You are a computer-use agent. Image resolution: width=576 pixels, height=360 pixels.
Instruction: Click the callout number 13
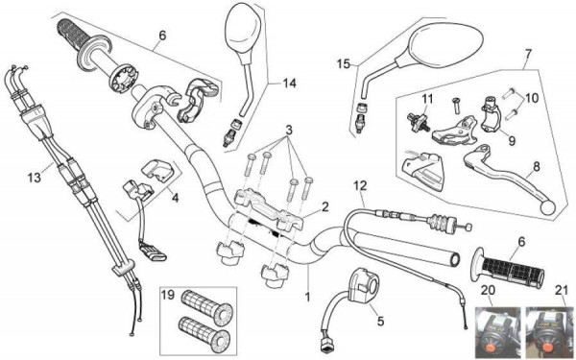click(x=35, y=178)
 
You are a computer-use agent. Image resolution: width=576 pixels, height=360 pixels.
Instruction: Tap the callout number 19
click(x=168, y=295)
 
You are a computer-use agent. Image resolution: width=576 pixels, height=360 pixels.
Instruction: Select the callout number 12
click(x=360, y=185)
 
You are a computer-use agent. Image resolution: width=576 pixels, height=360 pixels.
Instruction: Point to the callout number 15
click(x=344, y=64)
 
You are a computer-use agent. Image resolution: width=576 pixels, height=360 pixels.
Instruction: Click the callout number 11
click(x=427, y=99)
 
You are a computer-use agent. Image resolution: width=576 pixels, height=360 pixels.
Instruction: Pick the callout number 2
click(x=324, y=206)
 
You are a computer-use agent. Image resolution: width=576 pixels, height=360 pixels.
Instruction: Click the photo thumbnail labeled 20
click(x=497, y=333)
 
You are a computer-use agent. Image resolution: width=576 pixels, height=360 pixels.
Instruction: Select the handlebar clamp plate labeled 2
click(x=269, y=207)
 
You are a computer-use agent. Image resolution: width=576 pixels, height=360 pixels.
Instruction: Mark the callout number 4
click(x=176, y=198)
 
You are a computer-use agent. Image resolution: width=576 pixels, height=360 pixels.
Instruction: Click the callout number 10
click(x=532, y=98)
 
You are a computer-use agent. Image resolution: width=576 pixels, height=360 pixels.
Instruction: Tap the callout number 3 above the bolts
click(x=289, y=130)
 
